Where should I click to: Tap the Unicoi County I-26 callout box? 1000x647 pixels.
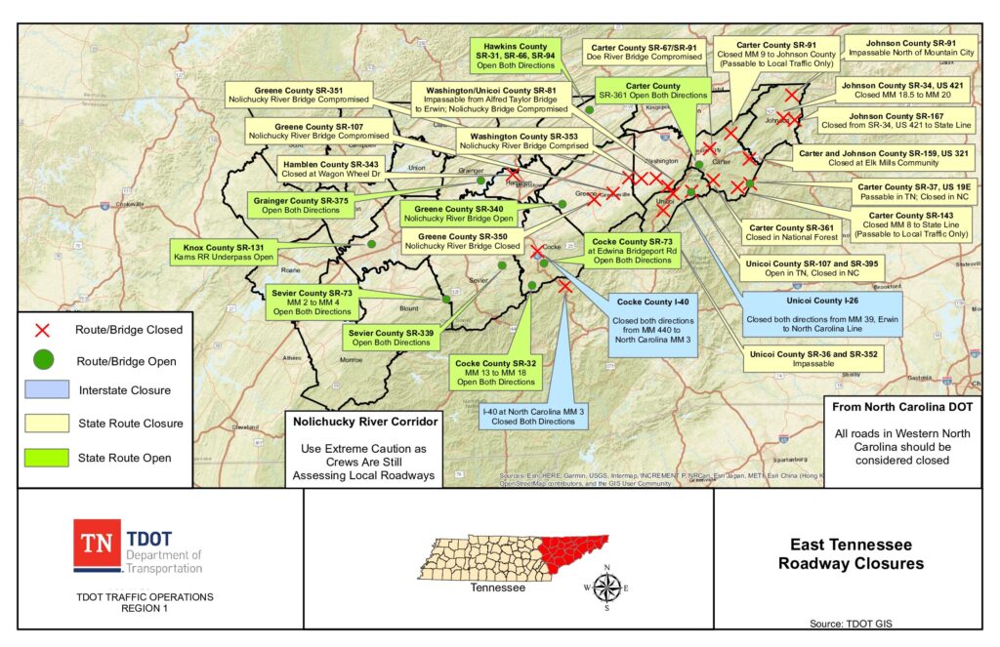[x=821, y=312]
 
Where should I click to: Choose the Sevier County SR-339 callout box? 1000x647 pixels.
[x=391, y=338]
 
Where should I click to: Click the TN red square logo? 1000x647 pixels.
[x=97, y=545]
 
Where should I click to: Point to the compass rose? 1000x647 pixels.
[x=606, y=587]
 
